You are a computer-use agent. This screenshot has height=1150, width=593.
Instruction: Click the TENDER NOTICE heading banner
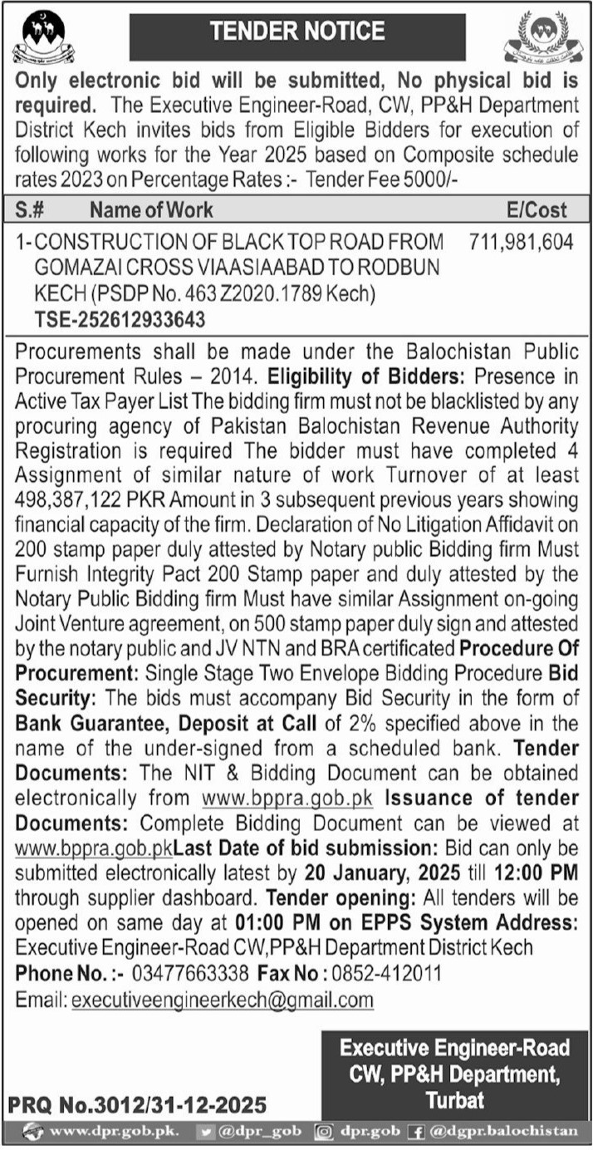296,32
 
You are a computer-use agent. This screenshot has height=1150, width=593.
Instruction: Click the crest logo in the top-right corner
544,39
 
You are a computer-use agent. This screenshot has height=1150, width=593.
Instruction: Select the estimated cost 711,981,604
521,242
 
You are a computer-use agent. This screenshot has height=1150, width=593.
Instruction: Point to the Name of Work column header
152,210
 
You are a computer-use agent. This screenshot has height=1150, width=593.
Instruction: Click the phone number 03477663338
183,973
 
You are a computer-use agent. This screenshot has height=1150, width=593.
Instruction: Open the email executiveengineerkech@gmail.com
223,1000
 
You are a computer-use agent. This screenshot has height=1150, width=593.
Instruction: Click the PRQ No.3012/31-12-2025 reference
138,1104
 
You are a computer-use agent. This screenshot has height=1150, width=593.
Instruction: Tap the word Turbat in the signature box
454,1099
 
